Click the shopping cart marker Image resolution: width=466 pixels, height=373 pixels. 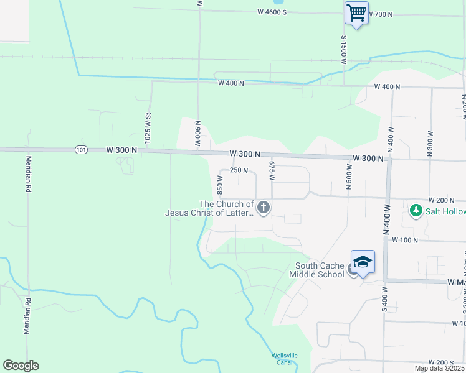tap(356, 12)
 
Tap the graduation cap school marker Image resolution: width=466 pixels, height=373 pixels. tap(363, 261)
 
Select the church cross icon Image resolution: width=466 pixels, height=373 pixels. tap(264, 208)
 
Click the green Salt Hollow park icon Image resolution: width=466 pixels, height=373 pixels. tap(416, 211)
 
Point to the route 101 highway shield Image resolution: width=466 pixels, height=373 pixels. tap(81, 150)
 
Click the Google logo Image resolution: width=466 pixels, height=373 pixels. tap(21, 366)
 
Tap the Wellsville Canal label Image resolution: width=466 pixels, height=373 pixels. tap(282, 359)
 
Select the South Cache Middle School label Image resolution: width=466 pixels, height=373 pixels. tap(320, 270)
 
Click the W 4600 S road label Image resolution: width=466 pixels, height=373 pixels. tap(272, 12)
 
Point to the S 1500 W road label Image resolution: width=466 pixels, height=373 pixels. tap(343, 50)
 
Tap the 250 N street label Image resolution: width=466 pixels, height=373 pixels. tap(239, 170)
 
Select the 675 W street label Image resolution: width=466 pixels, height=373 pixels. tap(272, 169)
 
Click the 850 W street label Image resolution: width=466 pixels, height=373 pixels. tap(219, 184)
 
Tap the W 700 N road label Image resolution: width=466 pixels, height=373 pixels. tap(381, 14)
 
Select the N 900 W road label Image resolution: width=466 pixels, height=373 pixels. tap(197, 133)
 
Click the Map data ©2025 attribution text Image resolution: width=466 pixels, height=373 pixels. tap(439, 368)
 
